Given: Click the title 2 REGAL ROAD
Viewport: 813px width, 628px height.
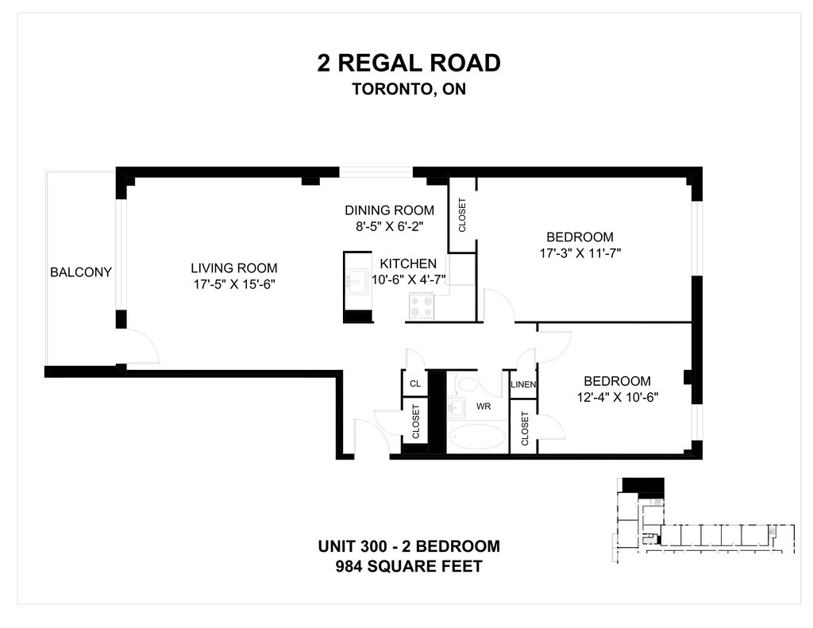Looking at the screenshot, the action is click(x=409, y=64).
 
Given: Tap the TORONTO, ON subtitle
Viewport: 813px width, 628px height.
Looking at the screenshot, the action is click(x=409, y=89).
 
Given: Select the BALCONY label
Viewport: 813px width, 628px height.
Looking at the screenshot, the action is click(x=81, y=272).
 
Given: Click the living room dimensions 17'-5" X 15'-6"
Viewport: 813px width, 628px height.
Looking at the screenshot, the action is click(x=234, y=284).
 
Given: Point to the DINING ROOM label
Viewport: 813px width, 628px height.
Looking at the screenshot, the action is click(x=389, y=210).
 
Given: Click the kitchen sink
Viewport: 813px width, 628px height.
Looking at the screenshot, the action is click(x=356, y=282).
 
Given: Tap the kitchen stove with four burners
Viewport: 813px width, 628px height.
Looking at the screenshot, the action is click(x=422, y=306).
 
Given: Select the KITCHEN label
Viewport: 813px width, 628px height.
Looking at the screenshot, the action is click(x=408, y=264).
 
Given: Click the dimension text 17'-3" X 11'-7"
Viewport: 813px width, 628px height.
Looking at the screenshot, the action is click(x=580, y=253).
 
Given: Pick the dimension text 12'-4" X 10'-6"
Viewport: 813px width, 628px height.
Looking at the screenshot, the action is click(x=618, y=397).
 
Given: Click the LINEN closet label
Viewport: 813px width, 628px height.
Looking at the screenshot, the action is click(x=523, y=384).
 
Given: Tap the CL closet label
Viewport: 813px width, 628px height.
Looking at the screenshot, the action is click(x=415, y=383).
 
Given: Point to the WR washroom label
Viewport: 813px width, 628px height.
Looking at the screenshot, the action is click(x=484, y=406).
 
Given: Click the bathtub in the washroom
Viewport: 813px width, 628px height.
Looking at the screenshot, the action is click(x=478, y=438).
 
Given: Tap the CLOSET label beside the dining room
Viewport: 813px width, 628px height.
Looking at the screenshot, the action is click(x=462, y=214).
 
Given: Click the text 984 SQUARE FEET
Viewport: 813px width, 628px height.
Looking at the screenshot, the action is click(x=409, y=566).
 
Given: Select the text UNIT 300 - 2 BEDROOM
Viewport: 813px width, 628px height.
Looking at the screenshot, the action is click(x=409, y=546).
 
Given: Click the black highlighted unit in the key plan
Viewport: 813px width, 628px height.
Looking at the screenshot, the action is click(x=643, y=485).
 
